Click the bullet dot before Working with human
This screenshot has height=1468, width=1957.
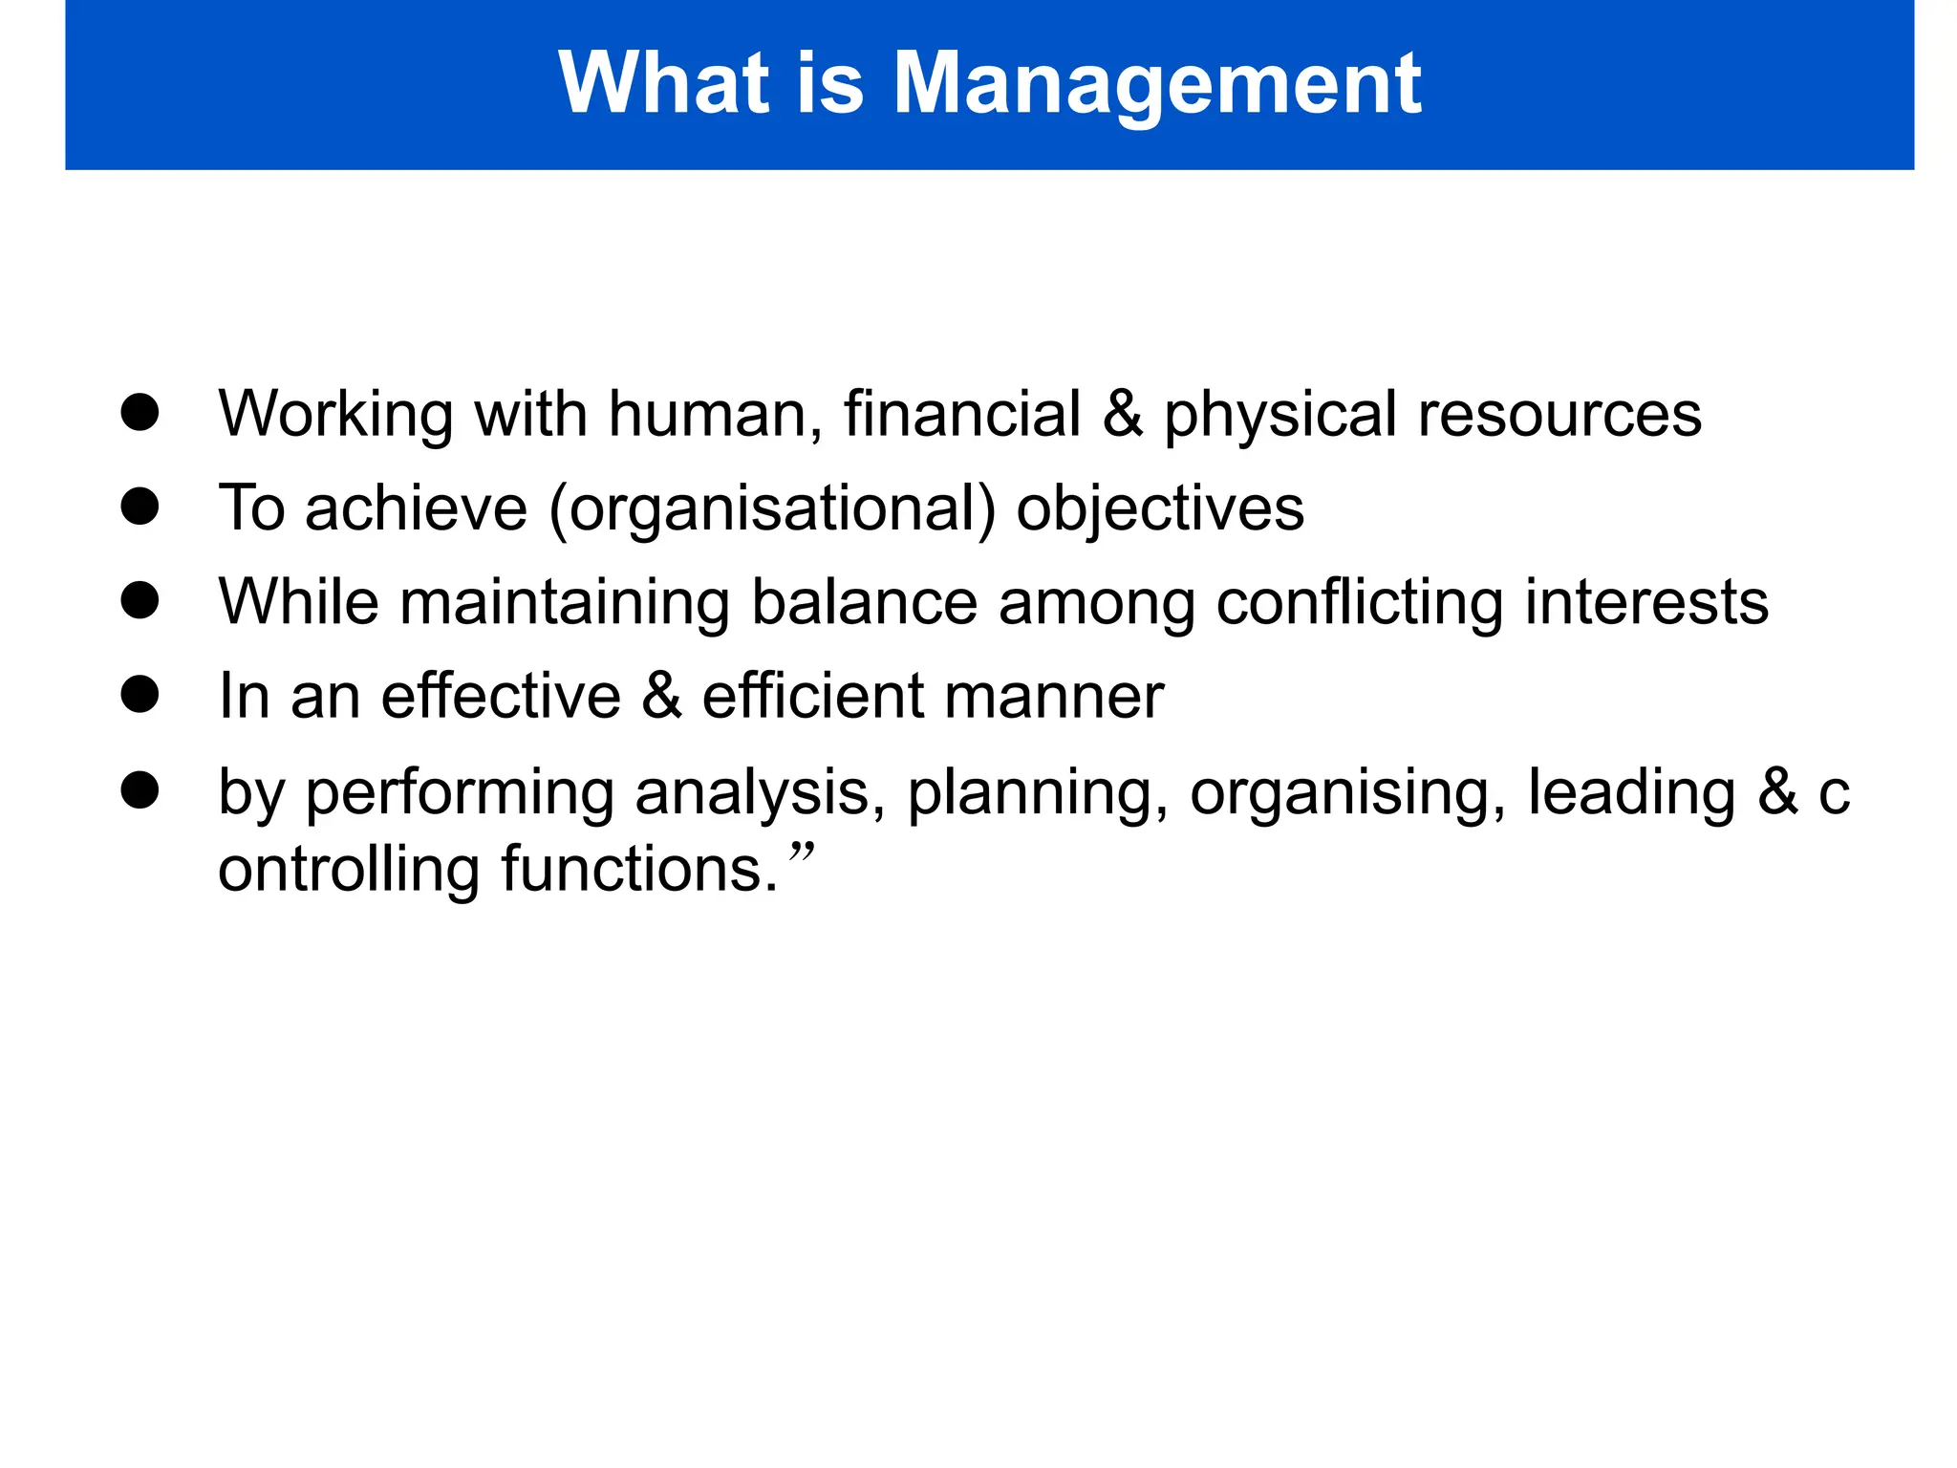pyautogui.click(x=140, y=413)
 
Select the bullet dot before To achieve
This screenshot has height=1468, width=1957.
pyautogui.click(x=140, y=507)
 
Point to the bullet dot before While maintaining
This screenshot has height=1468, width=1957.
pyautogui.click(x=140, y=601)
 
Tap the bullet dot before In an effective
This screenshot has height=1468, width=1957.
pyautogui.click(x=140, y=695)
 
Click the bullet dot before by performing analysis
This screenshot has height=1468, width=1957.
pyautogui.click(x=140, y=790)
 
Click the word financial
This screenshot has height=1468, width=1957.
pyautogui.click(x=961, y=414)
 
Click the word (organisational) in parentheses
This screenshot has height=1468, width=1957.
pyautogui.click(x=772, y=509)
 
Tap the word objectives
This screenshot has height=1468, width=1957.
pyautogui.click(x=1159, y=509)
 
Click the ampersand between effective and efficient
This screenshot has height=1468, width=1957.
pyautogui.click(x=661, y=696)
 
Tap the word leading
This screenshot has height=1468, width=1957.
pyautogui.click(x=1630, y=794)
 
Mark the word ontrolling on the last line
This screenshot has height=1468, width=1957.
pyautogui.click(x=349, y=870)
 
